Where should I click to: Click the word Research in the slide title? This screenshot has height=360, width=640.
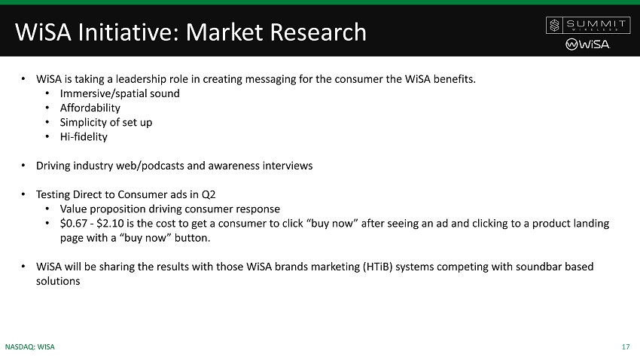pos(318,32)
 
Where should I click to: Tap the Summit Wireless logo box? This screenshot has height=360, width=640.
pos(588,26)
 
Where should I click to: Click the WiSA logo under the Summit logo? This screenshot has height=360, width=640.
pos(588,44)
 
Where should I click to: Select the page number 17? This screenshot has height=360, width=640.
pos(626,347)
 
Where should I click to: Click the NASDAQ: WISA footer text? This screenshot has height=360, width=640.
pos(30,347)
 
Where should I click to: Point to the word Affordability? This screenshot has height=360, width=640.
pos(90,108)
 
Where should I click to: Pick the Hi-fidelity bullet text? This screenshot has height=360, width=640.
pos(84,137)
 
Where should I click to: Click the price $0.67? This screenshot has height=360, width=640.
pos(74,224)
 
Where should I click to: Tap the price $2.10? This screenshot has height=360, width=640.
pos(110,224)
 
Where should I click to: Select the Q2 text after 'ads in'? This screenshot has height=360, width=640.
pos(209,195)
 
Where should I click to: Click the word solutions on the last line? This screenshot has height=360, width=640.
pos(58,281)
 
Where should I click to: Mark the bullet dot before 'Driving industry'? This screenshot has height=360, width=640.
pos(23,166)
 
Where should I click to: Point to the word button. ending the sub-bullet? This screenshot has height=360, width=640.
pos(192,238)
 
